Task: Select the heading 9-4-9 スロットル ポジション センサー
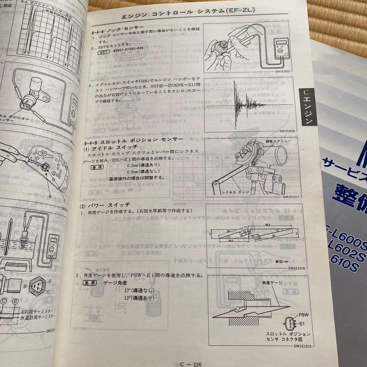[138, 140]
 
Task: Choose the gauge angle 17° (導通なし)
[139, 290]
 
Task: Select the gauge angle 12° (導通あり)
[139, 298]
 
